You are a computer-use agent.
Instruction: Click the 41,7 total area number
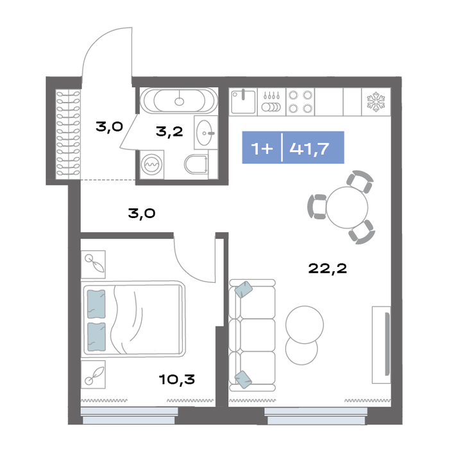pyautogui.click(x=309, y=149)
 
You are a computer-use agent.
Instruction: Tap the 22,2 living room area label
pyautogui.click(x=328, y=268)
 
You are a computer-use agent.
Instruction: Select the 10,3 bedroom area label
pyautogui.click(x=177, y=380)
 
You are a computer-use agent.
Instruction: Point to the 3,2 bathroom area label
pyautogui.click(x=169, y=131)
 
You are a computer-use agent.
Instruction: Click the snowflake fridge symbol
pyautogui.click(x=376, y=102)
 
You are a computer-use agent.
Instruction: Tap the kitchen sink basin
pyautogui.click(x=243, y=101)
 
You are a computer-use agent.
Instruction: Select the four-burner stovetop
pyautogui.click(x=300, y=101)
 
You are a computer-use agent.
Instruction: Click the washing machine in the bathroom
pyautogui.click(x=152, y=165)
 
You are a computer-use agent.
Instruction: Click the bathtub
pyautogui.click(x=179, y=101)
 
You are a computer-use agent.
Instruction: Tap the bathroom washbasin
pyautogui.click(x=206, y=133)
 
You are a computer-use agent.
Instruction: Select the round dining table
pyautogui.click(x=347, y=207)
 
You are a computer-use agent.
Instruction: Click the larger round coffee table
pyautogui.click(x=305, y=325)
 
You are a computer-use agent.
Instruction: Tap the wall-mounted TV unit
pyautogui.click(x=382, y=345)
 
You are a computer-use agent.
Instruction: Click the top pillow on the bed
pyautogui.click(x=96, y=304)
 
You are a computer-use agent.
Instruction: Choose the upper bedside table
pyautogui.click(x=93, y=264)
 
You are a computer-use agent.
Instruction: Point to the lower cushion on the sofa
pyautogui.click(x=243, y=380)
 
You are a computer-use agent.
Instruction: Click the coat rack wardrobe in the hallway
pyautogui.click(x=68, y=133)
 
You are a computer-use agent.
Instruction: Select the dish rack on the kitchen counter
pyautogui.click(x=271, y=102)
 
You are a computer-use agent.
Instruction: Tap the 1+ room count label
pyautogui.click(x=262, y=149)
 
